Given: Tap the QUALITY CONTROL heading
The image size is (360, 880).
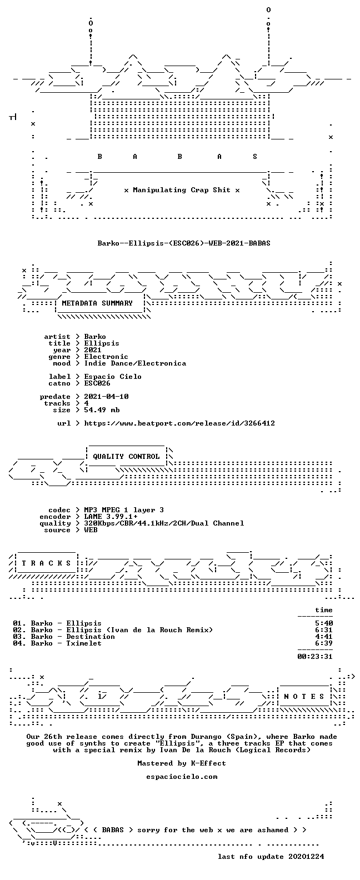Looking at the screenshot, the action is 126,457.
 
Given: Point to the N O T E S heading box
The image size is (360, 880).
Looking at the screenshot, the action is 304,697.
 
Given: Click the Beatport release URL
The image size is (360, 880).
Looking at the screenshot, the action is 179,423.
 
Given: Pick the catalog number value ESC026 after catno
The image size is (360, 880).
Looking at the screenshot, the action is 97,383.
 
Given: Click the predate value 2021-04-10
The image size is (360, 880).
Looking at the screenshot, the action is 106,397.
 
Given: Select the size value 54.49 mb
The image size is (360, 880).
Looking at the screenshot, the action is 102,410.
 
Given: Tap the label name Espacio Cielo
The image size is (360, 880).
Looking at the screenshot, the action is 113,377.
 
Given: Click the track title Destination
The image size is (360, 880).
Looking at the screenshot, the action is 91,637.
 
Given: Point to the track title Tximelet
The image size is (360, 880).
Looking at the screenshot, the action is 84,643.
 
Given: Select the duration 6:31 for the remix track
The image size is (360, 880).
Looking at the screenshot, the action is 324,630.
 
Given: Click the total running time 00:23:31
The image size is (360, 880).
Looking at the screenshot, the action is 315,656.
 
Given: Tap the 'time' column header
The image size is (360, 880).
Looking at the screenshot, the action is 324,610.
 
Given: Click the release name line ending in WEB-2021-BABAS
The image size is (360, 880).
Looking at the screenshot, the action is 184,243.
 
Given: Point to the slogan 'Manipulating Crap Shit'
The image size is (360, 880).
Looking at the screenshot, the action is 182,190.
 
